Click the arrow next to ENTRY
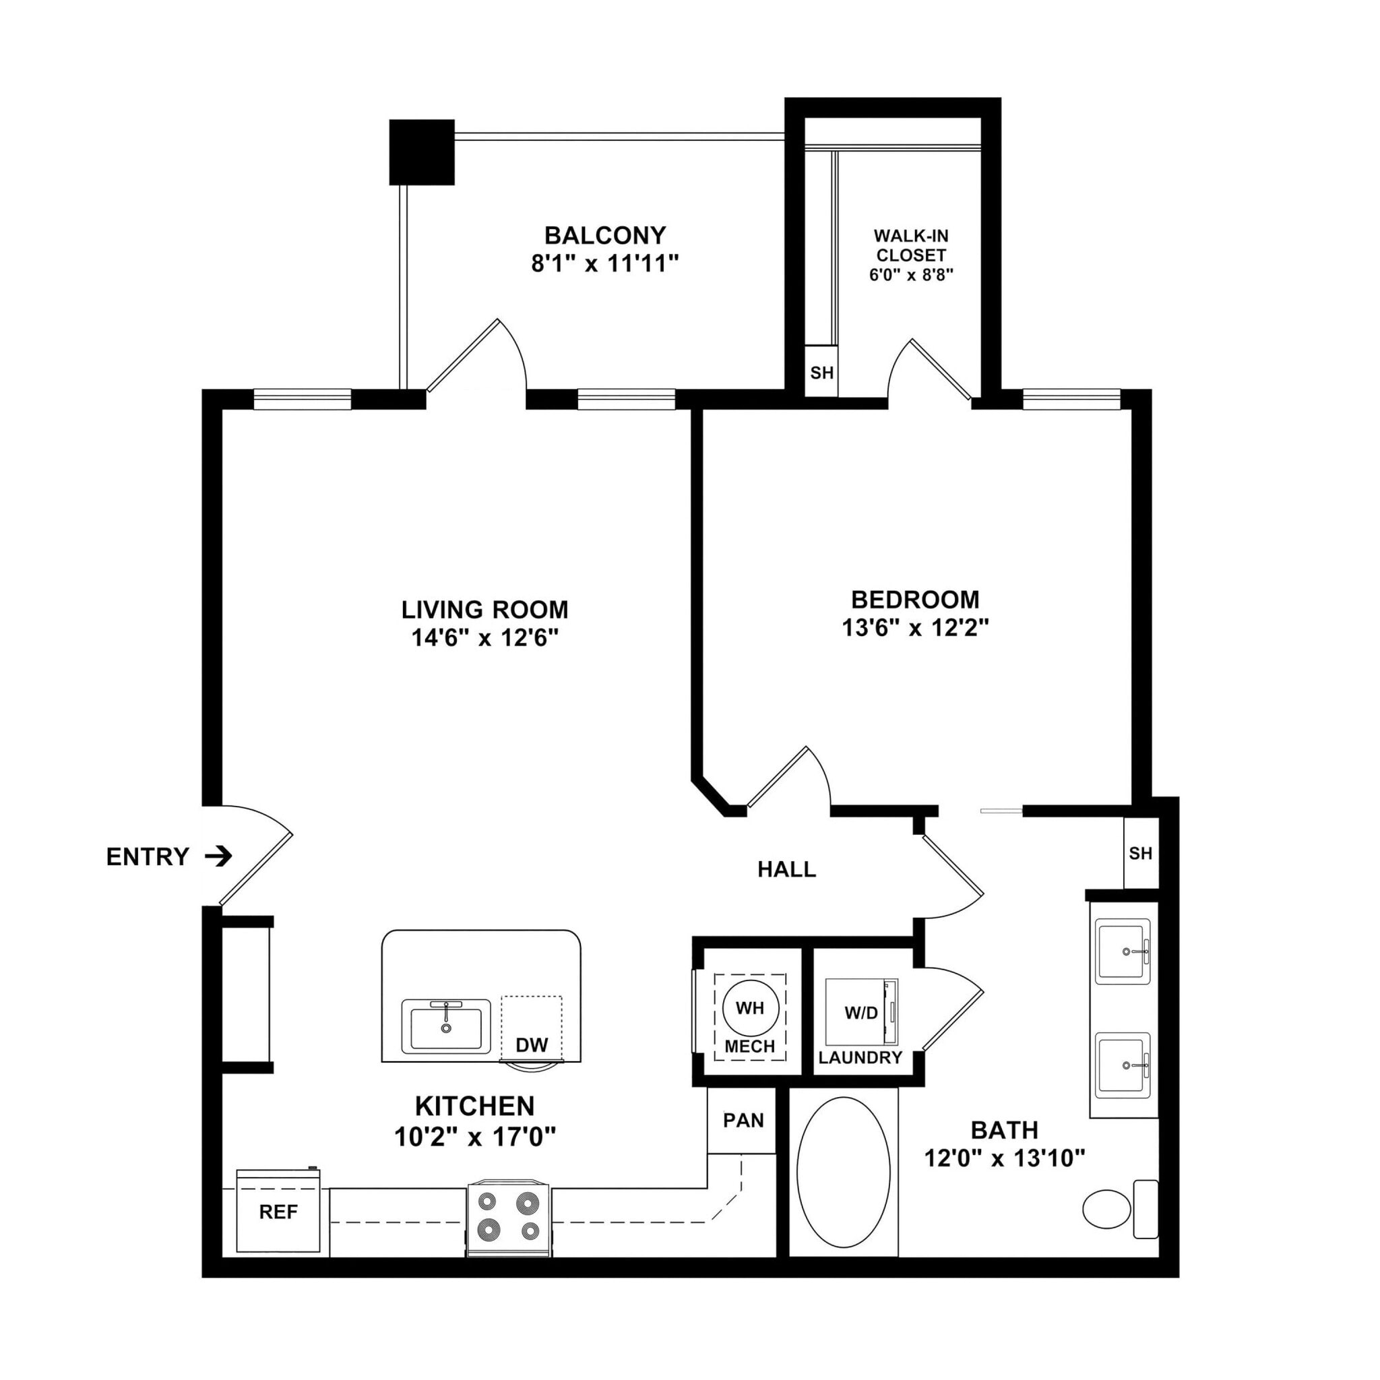coord(218,856)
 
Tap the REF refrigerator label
coord(278,1212)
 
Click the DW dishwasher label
coord(532,1045)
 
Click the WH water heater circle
coord(750,1008)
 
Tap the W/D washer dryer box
coord(861,1013)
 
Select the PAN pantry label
coord(743,1120)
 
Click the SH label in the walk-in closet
coord(821,372)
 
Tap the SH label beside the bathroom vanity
coord(1140,853)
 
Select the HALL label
coord(786,869)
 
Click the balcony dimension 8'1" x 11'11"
coord(604,264)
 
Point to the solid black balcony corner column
coord(422,152)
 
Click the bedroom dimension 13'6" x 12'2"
coord(915,628)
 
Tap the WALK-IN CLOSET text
coord(911,245)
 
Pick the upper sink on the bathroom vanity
coord(1123,951)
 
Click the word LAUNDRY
coord(860,1058)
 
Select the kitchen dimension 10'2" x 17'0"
coord(475,1135)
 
